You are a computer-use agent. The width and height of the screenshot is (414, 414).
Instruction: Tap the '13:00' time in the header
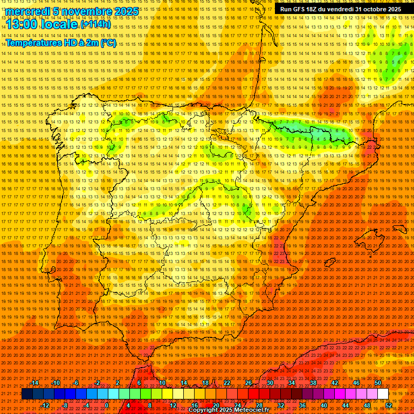[22, 24]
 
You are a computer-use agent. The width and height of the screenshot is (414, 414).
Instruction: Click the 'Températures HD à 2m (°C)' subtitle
[61, 43]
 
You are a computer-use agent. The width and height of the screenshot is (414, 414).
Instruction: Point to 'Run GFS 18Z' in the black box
[300, 9]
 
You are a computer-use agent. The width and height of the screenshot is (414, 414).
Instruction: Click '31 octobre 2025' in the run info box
[378, 9]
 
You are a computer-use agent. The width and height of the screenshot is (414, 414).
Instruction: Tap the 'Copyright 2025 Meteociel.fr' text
[229, 410]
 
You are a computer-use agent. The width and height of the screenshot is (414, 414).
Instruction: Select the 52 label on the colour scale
[389, 405]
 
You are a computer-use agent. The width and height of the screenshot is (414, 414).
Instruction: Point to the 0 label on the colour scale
[107, 405]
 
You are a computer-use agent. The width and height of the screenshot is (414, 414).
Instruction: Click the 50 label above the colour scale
[378, 383]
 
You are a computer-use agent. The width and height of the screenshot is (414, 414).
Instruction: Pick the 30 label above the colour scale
[270, 383]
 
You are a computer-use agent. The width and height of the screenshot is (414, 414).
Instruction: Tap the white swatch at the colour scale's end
[383, 394]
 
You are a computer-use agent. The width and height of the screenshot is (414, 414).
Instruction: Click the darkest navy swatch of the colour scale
[27, 394]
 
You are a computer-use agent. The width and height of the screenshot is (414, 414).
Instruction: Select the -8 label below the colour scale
[65, 405]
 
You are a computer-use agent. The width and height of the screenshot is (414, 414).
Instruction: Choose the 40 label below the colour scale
[324, 405]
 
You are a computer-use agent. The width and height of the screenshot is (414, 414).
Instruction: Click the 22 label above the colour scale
[226, 383]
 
